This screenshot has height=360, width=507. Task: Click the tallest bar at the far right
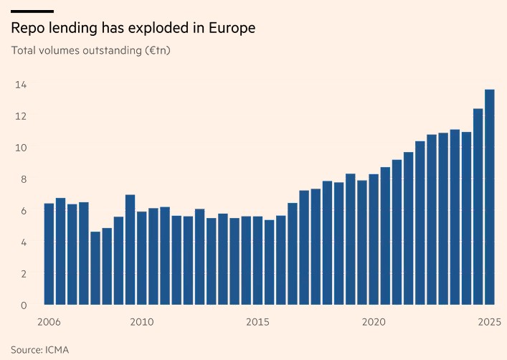(490, 197)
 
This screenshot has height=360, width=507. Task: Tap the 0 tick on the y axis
(23, 305)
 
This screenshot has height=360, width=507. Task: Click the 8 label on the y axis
(23, 179)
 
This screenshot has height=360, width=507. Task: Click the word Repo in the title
(27, 29)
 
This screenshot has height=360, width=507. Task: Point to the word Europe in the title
(230, 29)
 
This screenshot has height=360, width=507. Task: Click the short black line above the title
(32, 11)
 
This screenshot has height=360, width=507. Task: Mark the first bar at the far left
(49, 254)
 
